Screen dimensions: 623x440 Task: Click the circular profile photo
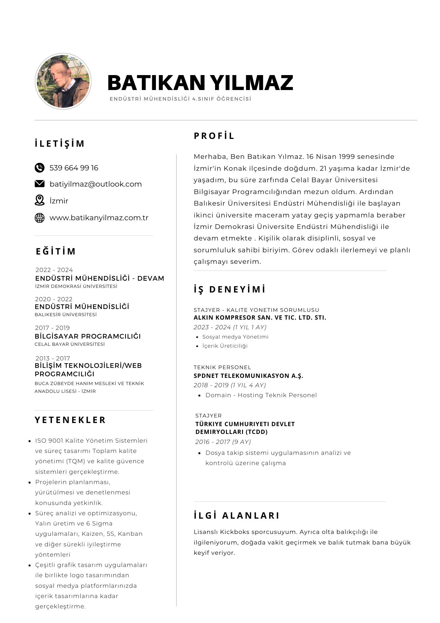point(63,81)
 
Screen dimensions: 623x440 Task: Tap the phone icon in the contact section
point(40,168)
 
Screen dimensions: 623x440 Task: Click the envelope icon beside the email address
point(40,184)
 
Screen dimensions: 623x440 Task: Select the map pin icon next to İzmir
point(40,200)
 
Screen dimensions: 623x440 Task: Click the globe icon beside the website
point(40,218)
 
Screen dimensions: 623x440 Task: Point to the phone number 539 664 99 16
point(74,168)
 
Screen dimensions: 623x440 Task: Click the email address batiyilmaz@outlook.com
point(96,184)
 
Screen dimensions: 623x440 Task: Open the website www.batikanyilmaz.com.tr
point(99,218)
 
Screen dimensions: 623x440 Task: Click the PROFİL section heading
point(214,136)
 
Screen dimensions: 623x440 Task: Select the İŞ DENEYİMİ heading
point(230,289)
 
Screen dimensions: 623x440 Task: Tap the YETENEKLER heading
point(70,420)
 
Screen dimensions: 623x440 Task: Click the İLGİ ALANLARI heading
point(236,516)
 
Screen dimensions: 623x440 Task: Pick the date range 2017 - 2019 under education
point(52,328)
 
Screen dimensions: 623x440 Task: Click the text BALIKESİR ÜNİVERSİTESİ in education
point(66,315)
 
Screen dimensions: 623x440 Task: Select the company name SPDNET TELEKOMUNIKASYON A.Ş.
point(248,376)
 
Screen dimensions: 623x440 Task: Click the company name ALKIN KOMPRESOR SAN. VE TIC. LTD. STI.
point(260,318)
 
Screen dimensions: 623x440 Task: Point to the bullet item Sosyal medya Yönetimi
point(235,337)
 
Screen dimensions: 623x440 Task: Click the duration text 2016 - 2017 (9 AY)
point(223,442)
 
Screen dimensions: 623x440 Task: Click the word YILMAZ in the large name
point(251,83)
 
